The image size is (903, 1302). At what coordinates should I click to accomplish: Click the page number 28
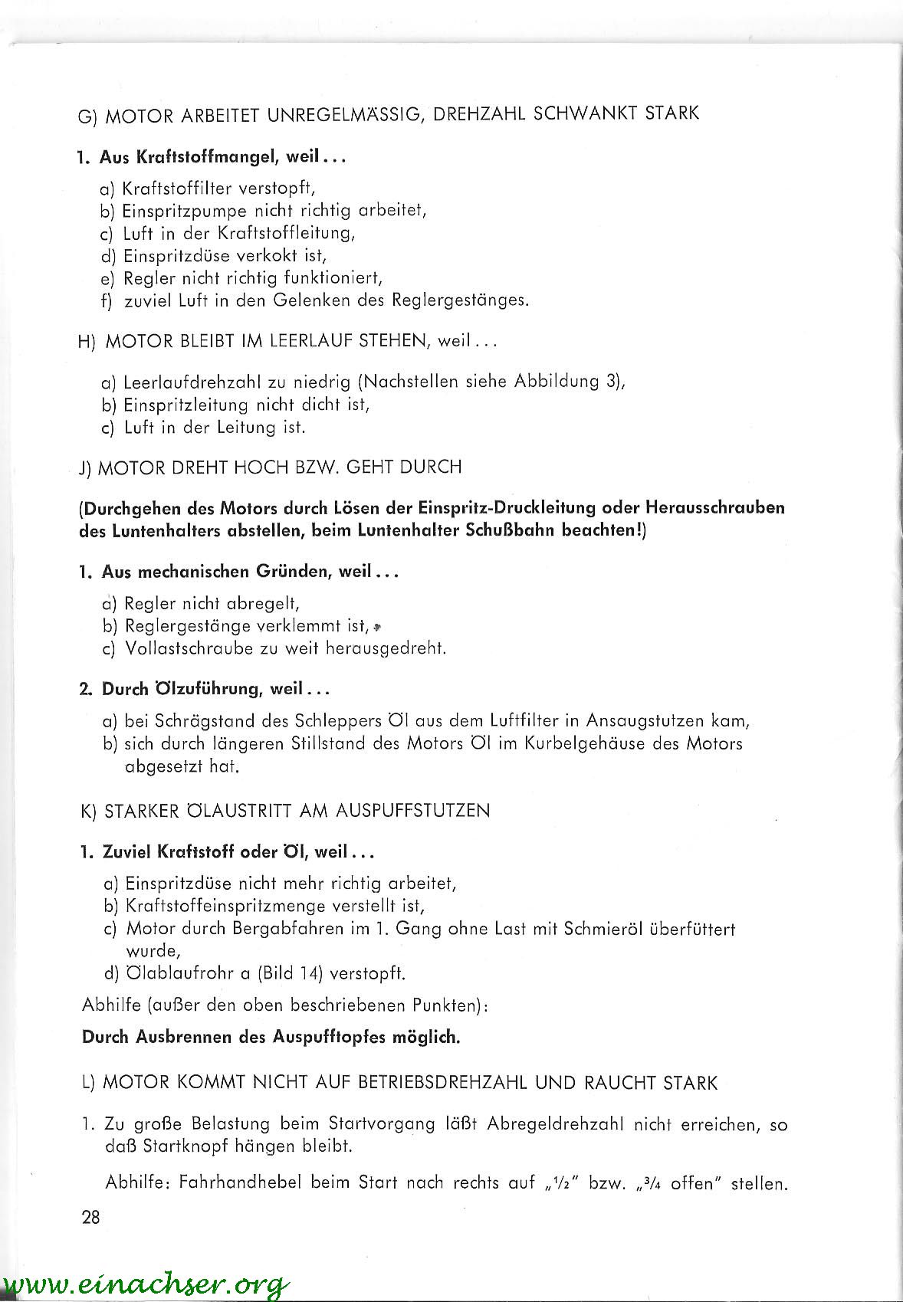[90, 1217]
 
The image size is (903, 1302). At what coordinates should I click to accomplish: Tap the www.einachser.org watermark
[146, 1284]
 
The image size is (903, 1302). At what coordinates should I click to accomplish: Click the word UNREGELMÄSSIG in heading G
[346, 114]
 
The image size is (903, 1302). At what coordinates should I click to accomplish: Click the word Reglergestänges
[460, 300]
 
